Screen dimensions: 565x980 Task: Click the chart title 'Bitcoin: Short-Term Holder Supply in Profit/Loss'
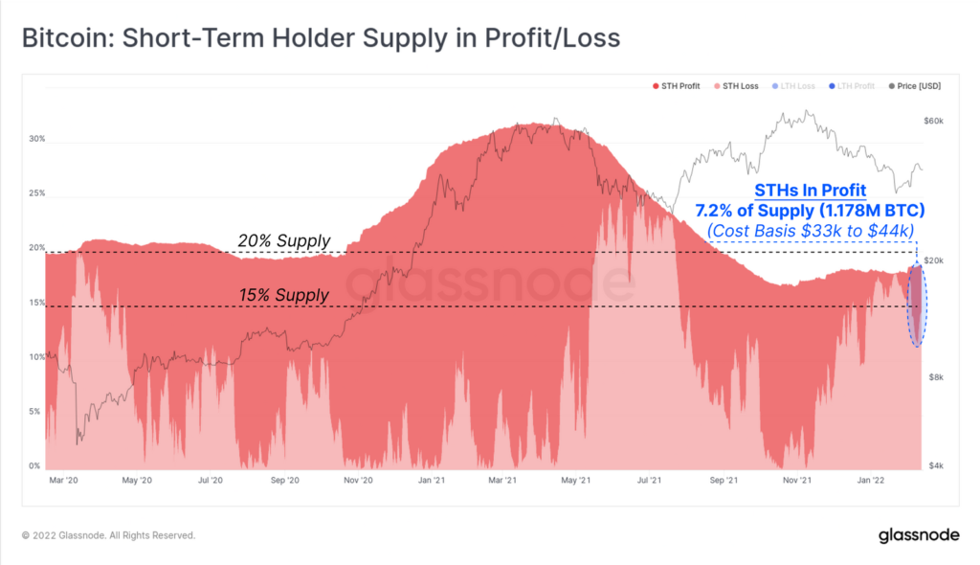[320, 38]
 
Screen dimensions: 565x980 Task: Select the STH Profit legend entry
[680, 86]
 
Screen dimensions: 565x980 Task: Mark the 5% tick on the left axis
[35, 412]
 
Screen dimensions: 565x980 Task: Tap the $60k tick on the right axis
[934, 122]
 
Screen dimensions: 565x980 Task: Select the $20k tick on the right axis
[934, 260]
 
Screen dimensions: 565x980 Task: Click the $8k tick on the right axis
[934, 377]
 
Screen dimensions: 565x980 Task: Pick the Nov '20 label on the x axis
[359, 480]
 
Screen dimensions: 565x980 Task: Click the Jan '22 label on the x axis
[870, 480]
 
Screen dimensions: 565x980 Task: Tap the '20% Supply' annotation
[283, 241]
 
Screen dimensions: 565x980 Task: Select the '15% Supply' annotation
[283, 296]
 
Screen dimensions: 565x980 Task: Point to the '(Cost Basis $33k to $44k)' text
[810, 230]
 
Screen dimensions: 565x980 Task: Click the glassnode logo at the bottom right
[920, 535]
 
